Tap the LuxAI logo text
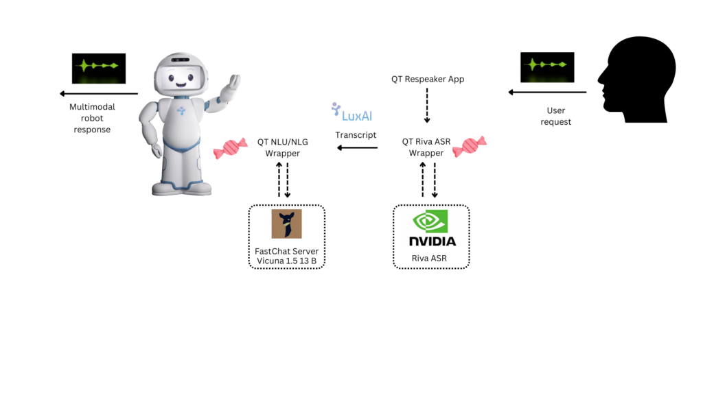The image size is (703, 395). point(357,116)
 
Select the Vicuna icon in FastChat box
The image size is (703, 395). point(286,224)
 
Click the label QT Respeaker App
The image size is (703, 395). point(428,79)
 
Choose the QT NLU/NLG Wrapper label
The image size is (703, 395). point(282,147)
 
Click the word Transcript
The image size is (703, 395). point(356,135)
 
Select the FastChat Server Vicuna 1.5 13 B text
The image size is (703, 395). point(286,256)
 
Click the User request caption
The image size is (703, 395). point(555,116)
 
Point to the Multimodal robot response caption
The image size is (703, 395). point(92,118)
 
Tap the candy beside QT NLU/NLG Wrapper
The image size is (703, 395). point(230,148)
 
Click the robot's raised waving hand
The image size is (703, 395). point(233,86)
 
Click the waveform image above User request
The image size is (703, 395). point(547,67)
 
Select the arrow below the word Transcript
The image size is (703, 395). point(356,147)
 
